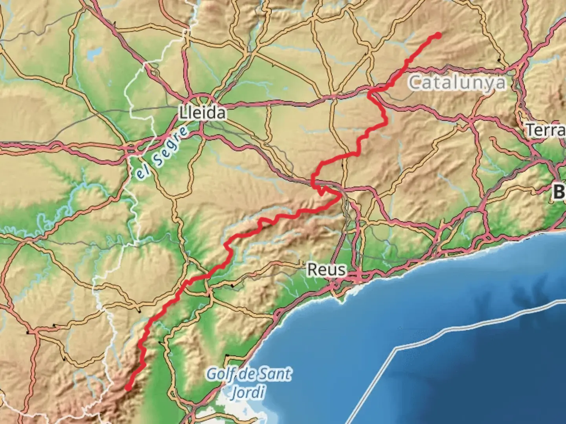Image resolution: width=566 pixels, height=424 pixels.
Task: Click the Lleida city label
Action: point(203,113)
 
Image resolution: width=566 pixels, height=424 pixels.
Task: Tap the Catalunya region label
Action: point(457,83)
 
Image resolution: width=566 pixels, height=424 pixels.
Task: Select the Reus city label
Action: point(327,270)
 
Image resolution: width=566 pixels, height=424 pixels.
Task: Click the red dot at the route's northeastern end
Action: point(438,35)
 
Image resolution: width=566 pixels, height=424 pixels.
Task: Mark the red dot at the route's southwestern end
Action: point(128,388)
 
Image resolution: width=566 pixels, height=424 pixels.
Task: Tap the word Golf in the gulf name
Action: point(221,374)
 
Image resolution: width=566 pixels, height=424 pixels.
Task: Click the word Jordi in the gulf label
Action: point(248,392)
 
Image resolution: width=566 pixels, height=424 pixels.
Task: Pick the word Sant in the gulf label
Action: point(277,374)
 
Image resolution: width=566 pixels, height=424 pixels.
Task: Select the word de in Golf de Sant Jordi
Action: point(247,374)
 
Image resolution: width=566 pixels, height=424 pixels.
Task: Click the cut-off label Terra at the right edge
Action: point(546,130)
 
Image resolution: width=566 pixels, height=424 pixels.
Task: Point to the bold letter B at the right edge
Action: point(559,192)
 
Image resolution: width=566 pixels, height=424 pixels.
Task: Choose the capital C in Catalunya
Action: point(414,83)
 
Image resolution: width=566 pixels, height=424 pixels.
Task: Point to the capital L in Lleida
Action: point(183,113)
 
